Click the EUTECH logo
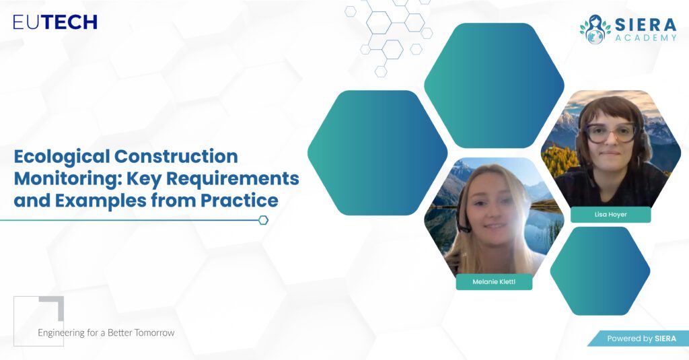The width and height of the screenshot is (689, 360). pyautogui.click(x=55, y=22)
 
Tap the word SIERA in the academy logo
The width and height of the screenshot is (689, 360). pyautogui.click(x=645, y=24)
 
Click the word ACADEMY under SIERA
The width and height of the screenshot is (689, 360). pyautogui.click(x=645, y=38)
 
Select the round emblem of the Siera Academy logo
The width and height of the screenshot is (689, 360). pyautogui.click(x=595, y=30)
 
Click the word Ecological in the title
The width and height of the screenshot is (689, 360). pyautogui.click(x=61, y=157)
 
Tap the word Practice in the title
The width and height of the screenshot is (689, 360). pyautogui.click(x=240, y=200)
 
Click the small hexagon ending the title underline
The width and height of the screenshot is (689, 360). pyautogui.click(x=263, y=220)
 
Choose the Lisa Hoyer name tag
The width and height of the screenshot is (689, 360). pyautogui.click(x=611, y=215)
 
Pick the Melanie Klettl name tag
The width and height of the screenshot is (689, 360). pyautogui.click(x=494, y=282)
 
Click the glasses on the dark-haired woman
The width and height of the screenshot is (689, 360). pyautogui.click(x=610, y=133)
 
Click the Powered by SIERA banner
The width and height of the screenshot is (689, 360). pyautogui.click(x=639, y=338)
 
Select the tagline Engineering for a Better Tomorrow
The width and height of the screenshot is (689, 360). pyautogui.click(x=106, y=332)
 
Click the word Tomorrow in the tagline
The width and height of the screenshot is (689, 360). pyautogui.click(x=154, y=332)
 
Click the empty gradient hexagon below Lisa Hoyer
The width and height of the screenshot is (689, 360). pyautogui.click(x=600, y=271)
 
